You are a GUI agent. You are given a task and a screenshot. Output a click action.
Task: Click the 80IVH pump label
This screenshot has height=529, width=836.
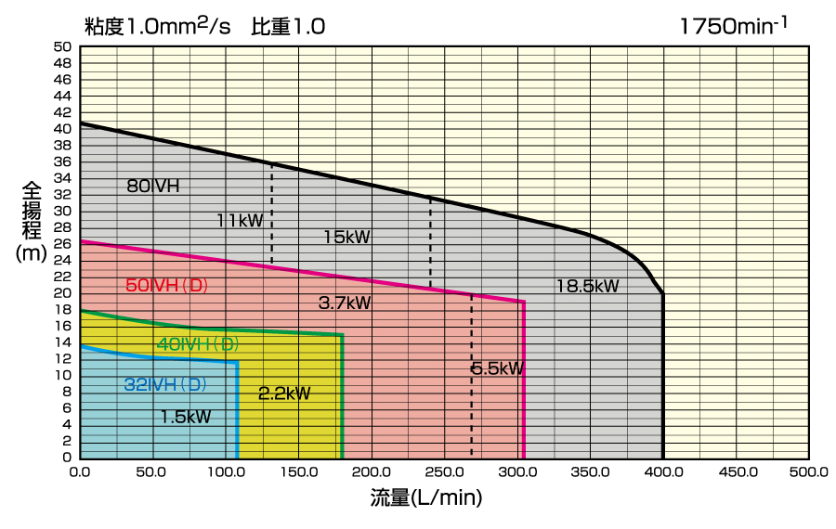(x=152, y=187)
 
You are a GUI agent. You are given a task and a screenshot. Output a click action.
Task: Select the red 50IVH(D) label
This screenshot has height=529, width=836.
(x=167, y=286)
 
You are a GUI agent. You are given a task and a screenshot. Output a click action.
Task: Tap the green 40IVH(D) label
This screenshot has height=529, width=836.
(x=198, y=344)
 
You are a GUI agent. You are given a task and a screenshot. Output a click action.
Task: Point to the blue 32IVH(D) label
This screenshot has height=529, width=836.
(x=165, y=384)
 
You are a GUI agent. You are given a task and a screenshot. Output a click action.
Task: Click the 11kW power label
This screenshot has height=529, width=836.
(x=240, y=221)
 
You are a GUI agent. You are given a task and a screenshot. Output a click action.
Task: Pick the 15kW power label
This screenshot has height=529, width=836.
(x=346, y=237)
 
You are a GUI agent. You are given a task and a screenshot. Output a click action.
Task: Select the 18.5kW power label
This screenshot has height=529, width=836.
(x=587, y=286)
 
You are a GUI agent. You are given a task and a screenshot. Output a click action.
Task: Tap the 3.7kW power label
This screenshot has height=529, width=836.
(x=345, y=303)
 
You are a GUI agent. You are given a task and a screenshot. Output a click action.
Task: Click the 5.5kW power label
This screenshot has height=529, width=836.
(x=498, y=368)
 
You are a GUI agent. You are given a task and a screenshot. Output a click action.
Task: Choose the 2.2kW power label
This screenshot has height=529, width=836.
(x=284, y=394)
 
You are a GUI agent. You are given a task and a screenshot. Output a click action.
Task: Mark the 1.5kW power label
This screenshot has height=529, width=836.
(x=186, y=418)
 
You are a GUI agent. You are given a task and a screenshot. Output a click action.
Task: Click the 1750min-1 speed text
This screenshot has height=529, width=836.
(x=734, y=25)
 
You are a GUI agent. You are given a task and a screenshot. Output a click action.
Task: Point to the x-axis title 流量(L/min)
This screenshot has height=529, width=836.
(x=426, y=498)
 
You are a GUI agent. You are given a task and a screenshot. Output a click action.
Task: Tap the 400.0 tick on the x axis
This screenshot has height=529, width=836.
(x=663, y=472)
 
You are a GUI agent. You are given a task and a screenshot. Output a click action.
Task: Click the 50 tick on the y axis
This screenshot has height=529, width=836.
(x=62, y=46)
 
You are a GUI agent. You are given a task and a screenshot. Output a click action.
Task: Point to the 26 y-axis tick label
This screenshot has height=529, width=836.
(x=62, y=243)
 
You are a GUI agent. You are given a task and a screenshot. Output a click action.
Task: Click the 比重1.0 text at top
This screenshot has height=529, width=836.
(x=288, y=26)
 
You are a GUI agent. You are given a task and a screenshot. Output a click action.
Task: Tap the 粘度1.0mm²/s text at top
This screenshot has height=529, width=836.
(x=157, y=25)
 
